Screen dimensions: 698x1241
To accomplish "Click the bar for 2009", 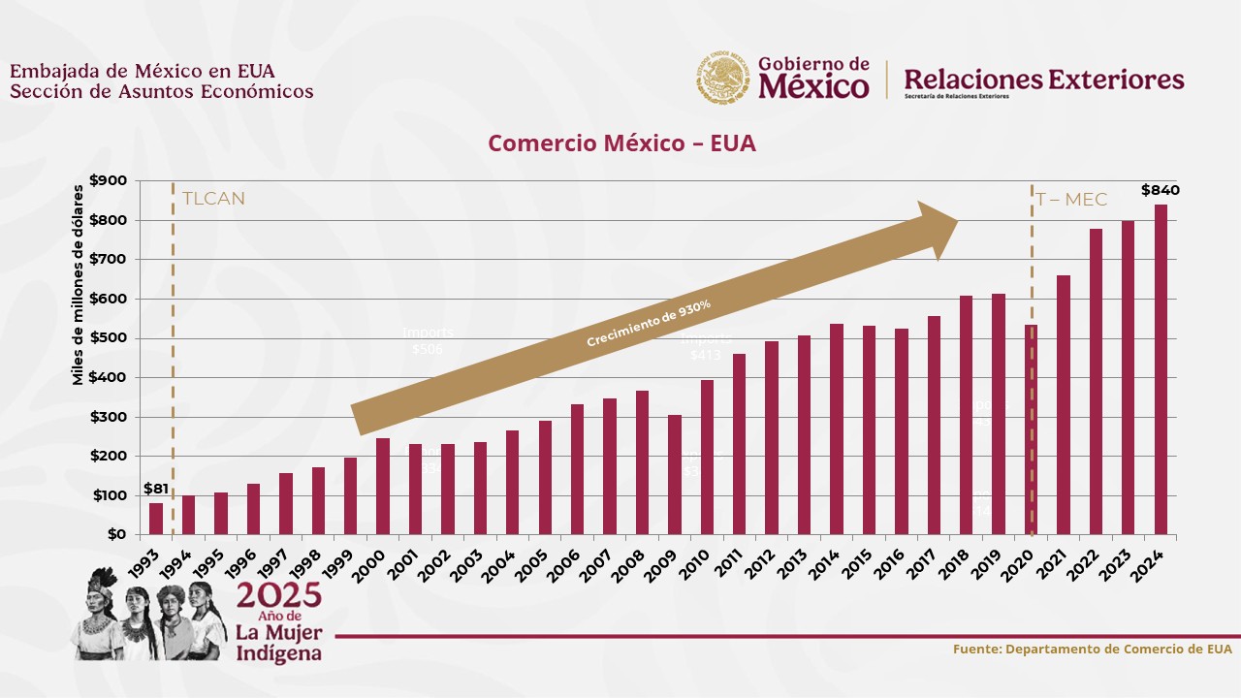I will tap(675, 475).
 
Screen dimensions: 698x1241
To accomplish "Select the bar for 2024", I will tap(1161, 369).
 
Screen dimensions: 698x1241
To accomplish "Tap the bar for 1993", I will tap(156, 519).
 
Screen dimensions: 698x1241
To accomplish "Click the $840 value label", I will tap(1161, 190).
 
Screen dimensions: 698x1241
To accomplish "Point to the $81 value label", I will tap(155, 489).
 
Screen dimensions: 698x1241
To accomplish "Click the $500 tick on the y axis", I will tap(108, 338).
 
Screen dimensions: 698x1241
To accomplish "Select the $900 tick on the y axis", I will tap(108, 180).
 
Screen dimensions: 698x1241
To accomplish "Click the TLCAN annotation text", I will tap(213, 200).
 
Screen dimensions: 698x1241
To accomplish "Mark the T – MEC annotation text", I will tap(1071, 200).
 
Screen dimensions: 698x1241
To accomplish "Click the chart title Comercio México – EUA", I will tap(621, 143).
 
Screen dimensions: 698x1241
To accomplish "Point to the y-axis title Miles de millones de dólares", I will tap(79, 283).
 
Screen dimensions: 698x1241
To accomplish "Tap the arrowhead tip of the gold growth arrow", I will tap(957, 221).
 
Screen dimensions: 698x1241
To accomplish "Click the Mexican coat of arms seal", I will tap(722, 79).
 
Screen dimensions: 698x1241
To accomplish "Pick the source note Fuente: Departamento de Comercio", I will tap(1092, 649).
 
